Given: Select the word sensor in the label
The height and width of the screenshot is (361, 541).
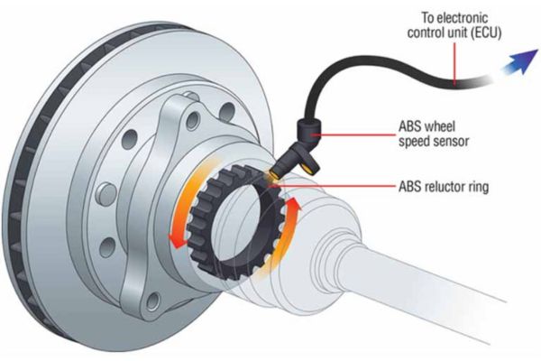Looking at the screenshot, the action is point(451,142).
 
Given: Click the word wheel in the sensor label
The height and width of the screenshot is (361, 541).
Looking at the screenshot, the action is point(441,126).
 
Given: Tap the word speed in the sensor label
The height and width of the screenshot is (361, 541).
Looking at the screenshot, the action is point(414,143).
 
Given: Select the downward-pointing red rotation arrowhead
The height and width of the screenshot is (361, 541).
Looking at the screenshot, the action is point(177,240).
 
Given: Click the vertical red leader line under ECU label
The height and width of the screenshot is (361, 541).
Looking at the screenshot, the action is point(454,63).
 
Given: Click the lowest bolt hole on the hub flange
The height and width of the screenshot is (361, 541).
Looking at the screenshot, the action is point(153,301).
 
